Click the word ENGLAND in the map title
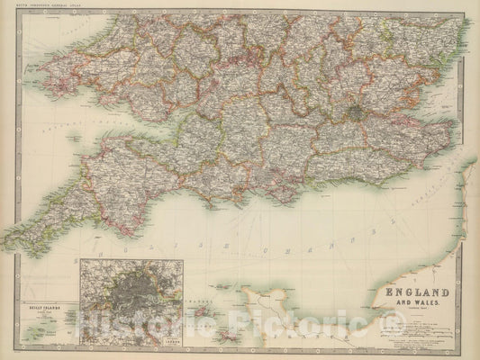point(418,292)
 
